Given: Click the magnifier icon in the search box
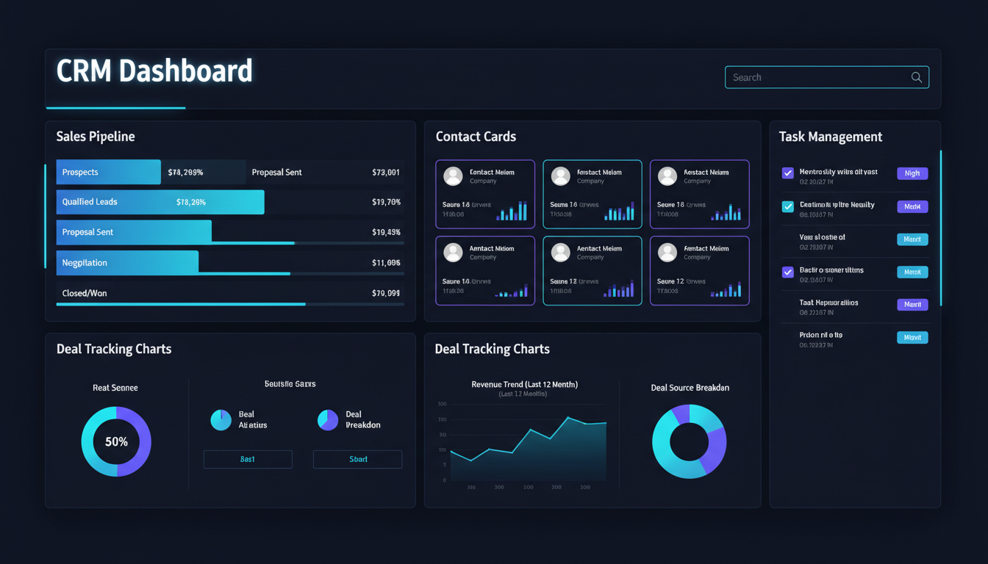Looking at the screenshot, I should point(916,77).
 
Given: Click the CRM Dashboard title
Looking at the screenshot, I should point(154,71).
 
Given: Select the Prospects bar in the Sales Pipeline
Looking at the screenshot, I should point(108,172).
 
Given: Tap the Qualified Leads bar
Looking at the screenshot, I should point(160,202).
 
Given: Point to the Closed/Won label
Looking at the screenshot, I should point(85,293).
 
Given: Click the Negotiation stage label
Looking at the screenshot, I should point(85,262).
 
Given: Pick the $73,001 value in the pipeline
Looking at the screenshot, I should point(386,173).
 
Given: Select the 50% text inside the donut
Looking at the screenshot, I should point(116,441).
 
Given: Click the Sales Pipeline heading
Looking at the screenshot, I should point(96,137).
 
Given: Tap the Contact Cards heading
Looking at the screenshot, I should point(476,137).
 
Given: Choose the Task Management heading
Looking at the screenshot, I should point(831,137).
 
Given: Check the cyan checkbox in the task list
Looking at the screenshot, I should point(787,206).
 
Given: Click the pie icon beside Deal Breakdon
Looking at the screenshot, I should point(328,420).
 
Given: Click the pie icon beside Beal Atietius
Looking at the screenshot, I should point(221,420).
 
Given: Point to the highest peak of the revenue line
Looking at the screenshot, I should point(568,418).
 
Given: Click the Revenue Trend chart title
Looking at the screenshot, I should point(524,384).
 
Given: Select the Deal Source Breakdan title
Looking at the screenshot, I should point(690,388).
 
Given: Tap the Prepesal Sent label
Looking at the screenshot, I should point(276,173).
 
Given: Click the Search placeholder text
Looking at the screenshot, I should point(747,77).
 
